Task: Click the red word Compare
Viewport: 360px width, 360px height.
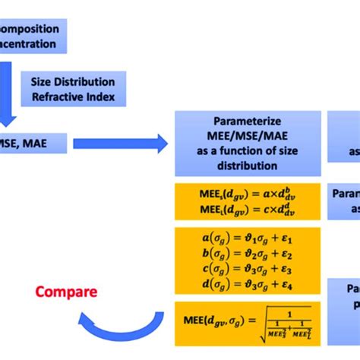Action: [x=66, y=292]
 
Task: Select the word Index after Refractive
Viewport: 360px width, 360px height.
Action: [x=104, y=97]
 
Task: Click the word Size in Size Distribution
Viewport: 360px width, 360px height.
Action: [x=43, y=81]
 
